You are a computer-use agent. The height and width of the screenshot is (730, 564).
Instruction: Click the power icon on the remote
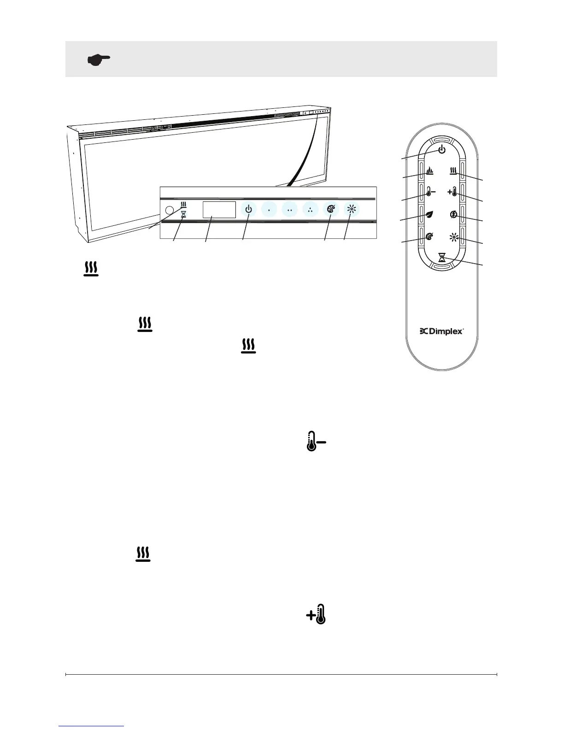(442, 149)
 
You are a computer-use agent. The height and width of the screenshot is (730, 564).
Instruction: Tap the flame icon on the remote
(429, 171)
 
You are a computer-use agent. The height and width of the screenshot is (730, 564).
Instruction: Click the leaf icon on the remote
(429, 214)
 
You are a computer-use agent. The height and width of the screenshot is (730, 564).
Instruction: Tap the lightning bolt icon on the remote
(454, 214)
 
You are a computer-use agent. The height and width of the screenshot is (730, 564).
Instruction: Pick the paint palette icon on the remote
(429, 237)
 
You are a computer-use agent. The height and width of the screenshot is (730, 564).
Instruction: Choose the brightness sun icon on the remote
(454, 238)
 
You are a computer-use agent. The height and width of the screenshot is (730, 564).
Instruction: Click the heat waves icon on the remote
(454, 171)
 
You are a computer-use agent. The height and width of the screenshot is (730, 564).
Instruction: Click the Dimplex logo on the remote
(441, 331)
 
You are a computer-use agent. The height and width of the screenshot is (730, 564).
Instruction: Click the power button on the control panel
(249, 209)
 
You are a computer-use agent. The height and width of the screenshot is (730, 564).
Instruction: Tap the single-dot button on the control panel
(269, 210)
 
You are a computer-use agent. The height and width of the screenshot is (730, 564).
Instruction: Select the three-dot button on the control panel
(310, 210)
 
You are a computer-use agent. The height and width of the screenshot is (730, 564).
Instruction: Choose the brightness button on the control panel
(351, 209)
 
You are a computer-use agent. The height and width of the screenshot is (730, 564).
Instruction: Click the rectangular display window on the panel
(219, 209)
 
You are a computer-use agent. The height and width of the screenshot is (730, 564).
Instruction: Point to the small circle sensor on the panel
(169, 210)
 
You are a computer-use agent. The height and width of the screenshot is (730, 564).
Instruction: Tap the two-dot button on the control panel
(289, 210)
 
